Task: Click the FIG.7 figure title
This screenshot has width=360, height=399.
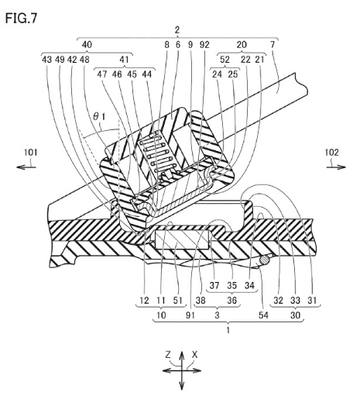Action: (x=21, y=19)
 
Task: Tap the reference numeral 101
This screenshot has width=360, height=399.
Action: (x=31, y=153)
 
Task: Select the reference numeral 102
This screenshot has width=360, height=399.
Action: (x=331, y=153)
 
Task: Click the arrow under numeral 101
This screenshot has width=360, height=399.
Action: (x=26, y=167)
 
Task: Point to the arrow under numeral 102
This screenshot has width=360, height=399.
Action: (x=336, y=167)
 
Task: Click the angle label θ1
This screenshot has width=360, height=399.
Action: (x=99, y=117)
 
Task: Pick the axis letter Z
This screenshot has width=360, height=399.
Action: (x=168, y=355)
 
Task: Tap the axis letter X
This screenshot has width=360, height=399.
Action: (x=194, y=355)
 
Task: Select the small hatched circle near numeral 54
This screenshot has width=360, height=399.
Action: (x=265, y=260)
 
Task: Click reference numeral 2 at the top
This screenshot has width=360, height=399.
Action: (x=177, y=30)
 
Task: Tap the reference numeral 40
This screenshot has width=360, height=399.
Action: (x=87, y=45)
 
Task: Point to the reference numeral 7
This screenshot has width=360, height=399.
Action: (x=273, y=45)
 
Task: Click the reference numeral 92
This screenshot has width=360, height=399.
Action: (x=204, y=45)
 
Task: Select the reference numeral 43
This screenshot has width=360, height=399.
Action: (x=46, y=60)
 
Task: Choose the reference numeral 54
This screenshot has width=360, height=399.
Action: (x=263, y=315)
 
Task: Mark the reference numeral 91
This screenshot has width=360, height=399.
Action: (x=190, y=315)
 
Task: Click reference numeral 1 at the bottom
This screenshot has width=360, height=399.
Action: (x=228, y=330)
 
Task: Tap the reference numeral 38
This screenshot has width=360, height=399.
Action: (x=201, y=301)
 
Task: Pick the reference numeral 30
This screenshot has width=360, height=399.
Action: (x=295, y=315)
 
